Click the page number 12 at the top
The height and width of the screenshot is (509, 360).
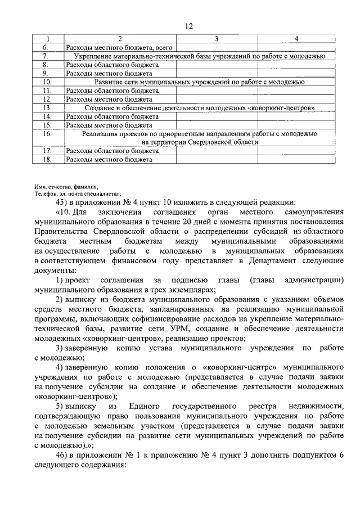point(188,26)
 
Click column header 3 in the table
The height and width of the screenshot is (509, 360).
point(217,38)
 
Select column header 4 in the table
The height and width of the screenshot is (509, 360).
point(296,38)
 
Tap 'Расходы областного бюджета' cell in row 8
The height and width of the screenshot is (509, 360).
point(112,65)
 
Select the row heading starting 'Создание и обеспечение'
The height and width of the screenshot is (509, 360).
point(200,107)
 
